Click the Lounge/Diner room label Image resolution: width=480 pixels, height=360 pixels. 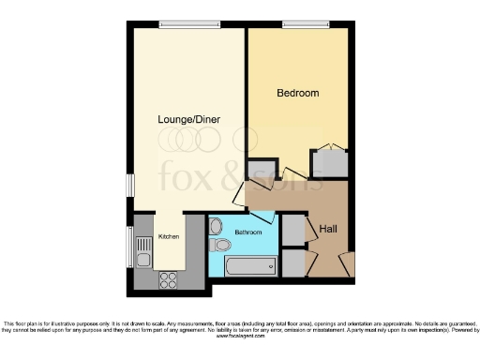[x=187, y=120]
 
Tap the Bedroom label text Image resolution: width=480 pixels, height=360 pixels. [x=298, y=93]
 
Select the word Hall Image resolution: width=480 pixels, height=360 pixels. [x=328, y=229]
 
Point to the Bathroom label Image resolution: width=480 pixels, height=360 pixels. [x=248, y=232]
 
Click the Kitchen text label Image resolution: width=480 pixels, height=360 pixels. [x=168, y=236]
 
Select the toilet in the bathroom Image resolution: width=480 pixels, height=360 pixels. [x=220, y=246]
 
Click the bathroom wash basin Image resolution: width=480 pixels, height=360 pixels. [x=217, y=225]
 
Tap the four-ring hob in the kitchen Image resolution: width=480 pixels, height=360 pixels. [x=169, y=278]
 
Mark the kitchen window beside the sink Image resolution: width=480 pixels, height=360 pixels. [x=130, y=247]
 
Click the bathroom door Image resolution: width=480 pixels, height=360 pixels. [x=263, y=216]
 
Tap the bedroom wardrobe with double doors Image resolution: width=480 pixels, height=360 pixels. [x=329, y=162]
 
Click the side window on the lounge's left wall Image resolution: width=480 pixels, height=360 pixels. [x=130, y=185]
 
